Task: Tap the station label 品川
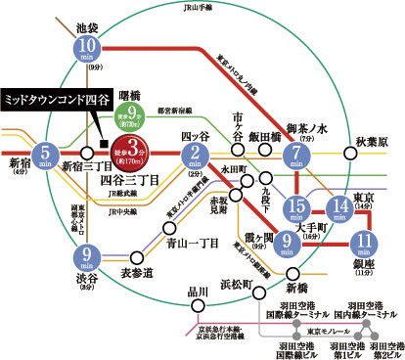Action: [199, 291]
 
